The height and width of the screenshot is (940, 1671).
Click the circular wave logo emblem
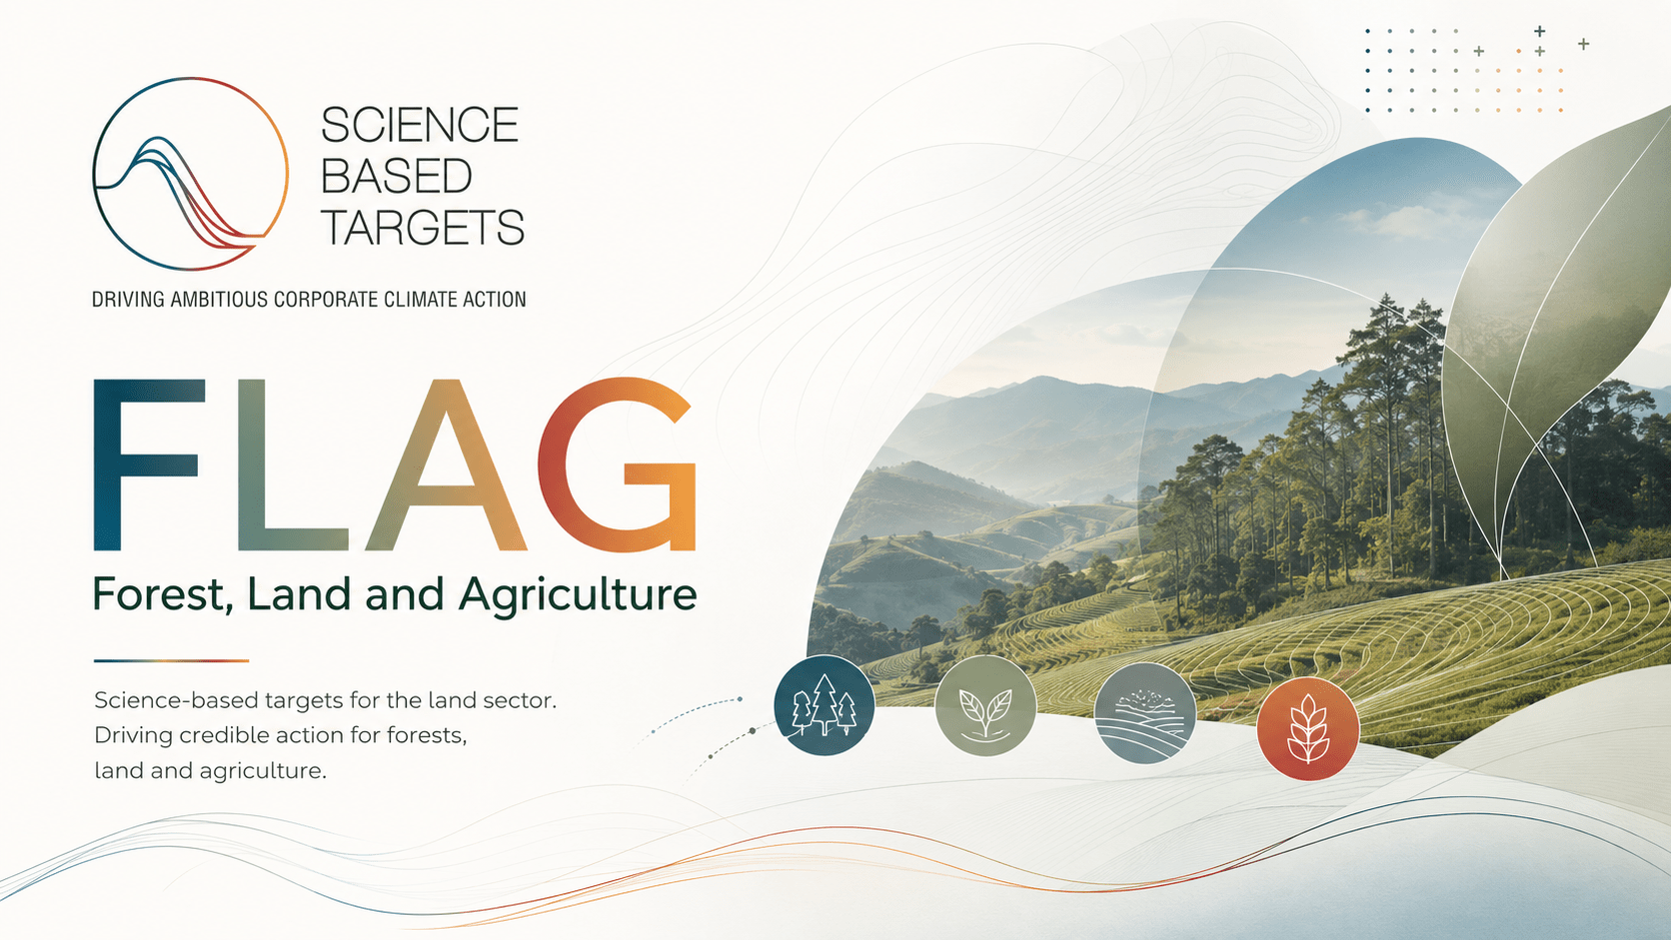tap(190, 174)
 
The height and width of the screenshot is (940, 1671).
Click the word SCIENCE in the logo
tap(419, 125)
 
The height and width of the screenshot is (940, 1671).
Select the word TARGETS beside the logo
tap(422, 227)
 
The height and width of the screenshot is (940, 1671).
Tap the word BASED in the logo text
tap(396, 176)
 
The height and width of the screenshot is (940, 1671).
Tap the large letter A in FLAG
tap(446, 466)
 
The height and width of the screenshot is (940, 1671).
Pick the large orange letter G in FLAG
tap(617, 466)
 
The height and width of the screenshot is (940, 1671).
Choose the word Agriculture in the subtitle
tap(578, 595)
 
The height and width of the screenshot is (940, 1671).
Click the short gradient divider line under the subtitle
tap(171, 660)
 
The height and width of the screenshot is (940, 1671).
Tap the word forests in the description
tap(426, 736)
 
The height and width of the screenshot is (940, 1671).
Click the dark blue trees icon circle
tap(825, 705)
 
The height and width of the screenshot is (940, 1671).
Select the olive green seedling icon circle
tap(985, 706)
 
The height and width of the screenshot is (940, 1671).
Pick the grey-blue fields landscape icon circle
tap(1145, 713)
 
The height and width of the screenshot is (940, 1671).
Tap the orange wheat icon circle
tap(1307, 729)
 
